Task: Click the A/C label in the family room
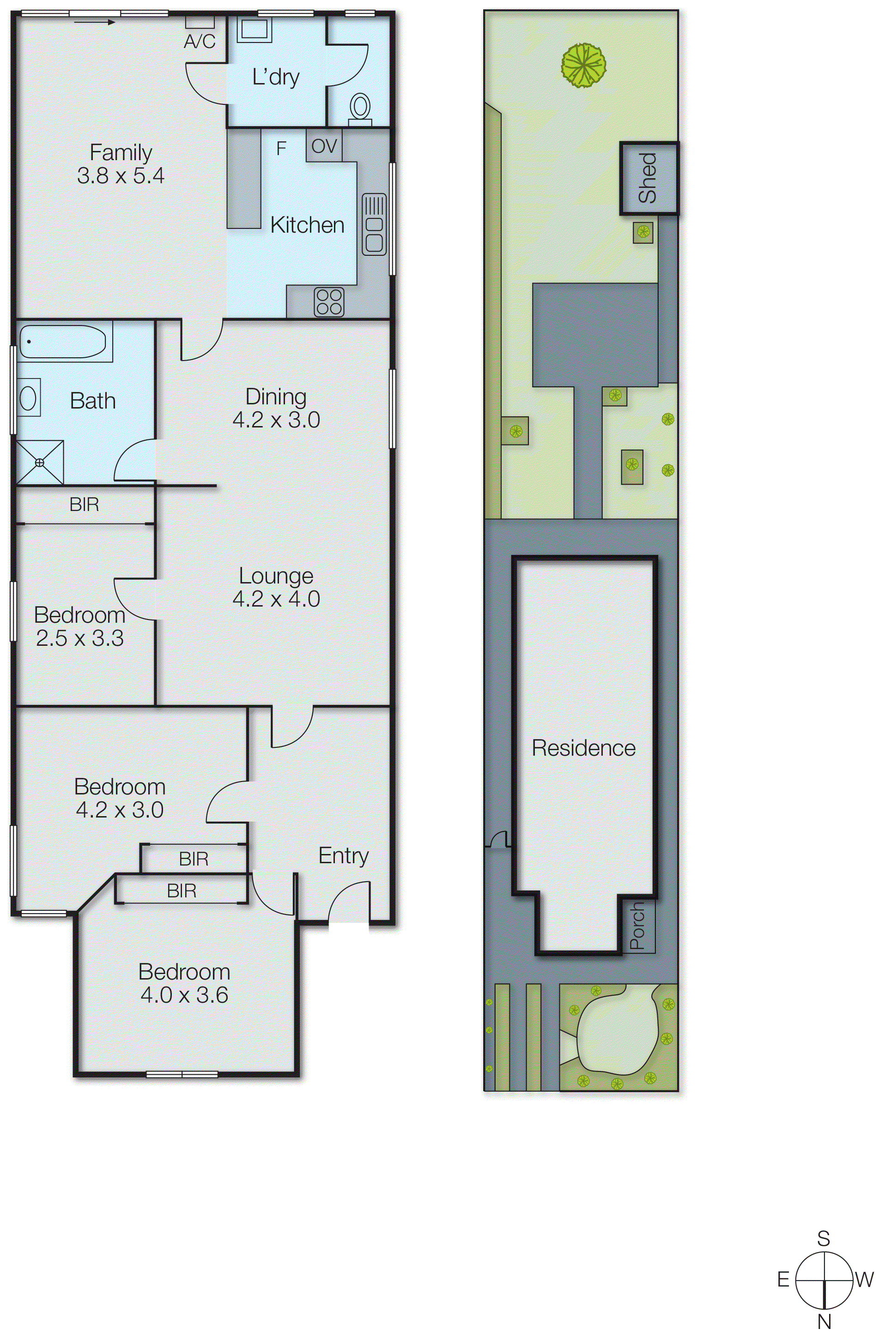click(x=200, y=42)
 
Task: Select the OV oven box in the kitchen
click(x=324, y=146)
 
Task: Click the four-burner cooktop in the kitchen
click(x=329, y=301)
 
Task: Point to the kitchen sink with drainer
click(x=374, y=224)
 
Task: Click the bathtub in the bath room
click(x=62, y=342)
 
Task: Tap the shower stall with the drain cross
click(x=40, y=462)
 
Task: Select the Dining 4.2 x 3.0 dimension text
click(x=276, y=420)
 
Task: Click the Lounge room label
click(x=276, y=576)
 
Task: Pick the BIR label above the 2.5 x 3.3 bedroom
click(x=84, y=504)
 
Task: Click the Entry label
click(x=343, y=855)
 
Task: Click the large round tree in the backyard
click(x=583, y=66)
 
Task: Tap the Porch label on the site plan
click(x=637, y=926)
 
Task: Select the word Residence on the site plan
click(x=583, y=748)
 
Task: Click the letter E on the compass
click(x=783, y=1279)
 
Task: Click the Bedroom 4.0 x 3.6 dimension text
click(x=184, y=995)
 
